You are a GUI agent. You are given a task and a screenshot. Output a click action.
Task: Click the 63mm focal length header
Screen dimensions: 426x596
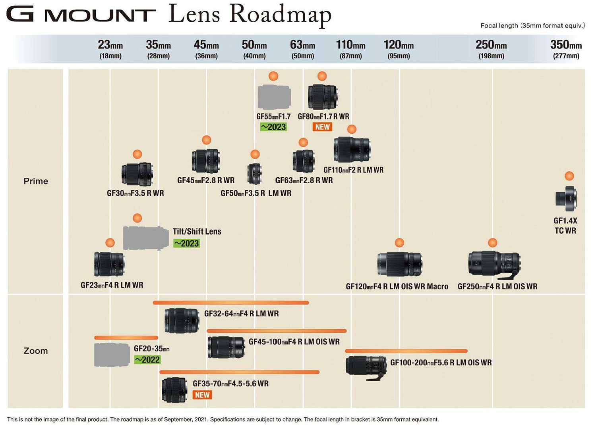302,49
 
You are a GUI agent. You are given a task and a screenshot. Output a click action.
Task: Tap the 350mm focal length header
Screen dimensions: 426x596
566,49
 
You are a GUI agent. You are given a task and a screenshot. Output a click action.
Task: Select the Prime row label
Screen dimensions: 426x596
36,181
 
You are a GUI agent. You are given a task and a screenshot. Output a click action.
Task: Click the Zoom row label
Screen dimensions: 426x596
36,351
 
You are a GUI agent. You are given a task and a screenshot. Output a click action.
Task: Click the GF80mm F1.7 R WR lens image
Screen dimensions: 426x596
323,97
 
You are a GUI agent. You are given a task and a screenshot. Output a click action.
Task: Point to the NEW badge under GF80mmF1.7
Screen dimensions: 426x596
322,127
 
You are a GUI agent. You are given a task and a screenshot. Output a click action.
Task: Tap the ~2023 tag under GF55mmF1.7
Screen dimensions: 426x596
273,127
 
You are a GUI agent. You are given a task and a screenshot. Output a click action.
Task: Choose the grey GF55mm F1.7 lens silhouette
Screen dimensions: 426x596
274,97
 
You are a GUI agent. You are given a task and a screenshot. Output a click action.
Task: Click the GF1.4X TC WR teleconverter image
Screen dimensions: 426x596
566,198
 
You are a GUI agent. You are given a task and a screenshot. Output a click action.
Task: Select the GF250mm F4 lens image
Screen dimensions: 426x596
494,264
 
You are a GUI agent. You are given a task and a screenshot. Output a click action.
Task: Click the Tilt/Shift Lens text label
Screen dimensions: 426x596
197,232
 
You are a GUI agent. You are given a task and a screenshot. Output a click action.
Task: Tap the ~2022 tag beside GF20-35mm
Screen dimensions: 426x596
147,360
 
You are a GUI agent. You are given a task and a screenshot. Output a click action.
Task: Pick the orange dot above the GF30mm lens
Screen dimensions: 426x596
137,154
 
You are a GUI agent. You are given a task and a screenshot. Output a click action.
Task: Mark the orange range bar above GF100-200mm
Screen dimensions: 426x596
406,351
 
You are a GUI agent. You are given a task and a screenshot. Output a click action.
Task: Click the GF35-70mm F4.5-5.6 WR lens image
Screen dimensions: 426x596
174,390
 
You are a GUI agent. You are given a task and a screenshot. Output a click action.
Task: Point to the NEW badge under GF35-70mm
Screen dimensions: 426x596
202,395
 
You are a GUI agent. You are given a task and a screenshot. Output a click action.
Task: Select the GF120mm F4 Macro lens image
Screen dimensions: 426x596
399,264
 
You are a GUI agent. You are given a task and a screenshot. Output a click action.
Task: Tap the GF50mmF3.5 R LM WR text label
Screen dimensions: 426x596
256,193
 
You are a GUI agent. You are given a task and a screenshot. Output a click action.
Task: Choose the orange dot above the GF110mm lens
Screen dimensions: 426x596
352,129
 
